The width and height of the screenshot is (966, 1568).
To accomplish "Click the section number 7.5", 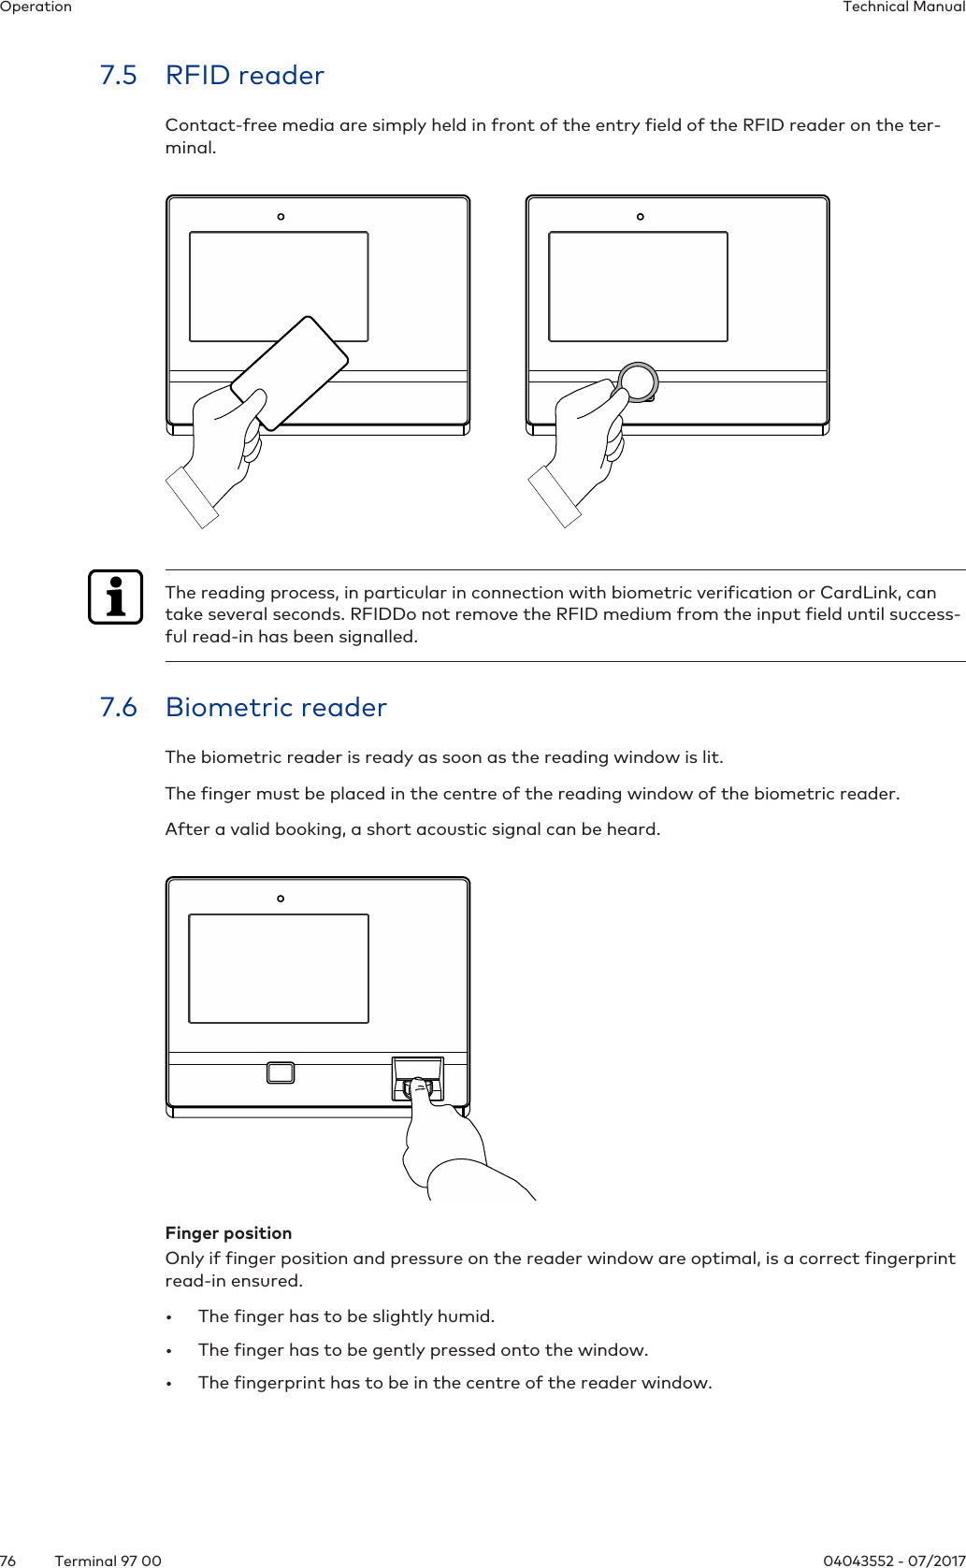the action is point(118,75).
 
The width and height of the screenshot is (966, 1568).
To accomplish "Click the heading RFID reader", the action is point(244,75).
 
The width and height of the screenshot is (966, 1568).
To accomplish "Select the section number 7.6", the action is point(118,707).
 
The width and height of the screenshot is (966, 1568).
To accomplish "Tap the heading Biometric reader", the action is point(276,707).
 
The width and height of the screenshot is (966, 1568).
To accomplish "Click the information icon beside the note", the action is point(115,597).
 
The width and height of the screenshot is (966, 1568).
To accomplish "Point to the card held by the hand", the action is point(289,373).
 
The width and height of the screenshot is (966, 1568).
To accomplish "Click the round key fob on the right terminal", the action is point(638,381).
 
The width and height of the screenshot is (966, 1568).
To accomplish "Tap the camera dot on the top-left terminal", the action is point(281,217).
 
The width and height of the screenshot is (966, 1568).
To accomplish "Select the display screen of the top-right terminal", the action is point(638,286).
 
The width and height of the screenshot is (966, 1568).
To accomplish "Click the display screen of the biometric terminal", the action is point(279,969).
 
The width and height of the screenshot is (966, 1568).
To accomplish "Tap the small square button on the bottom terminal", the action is point(281,1072).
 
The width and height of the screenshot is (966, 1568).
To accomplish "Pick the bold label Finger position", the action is point(228,1232).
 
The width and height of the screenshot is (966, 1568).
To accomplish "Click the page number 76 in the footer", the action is point(8,1560).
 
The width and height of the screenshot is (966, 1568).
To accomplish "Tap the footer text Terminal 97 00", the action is point(108,1560).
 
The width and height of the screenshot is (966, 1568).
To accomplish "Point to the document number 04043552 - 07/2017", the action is point(893,1560).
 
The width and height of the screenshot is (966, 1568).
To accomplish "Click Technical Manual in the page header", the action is point(903,7).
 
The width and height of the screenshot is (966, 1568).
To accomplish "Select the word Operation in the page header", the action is point(36,7).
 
